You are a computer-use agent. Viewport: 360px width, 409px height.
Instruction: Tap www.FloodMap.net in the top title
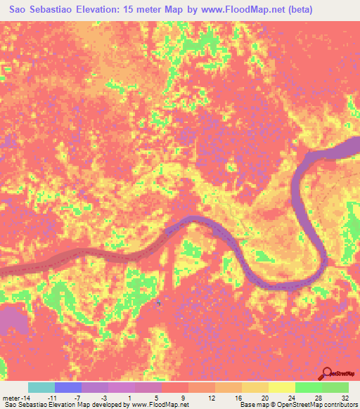click(236, 10)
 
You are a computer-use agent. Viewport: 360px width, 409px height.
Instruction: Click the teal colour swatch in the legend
click(41, 387)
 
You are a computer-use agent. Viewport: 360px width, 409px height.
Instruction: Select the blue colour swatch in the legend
click(68, 387)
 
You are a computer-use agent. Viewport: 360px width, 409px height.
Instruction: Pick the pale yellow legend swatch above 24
click(282, 387)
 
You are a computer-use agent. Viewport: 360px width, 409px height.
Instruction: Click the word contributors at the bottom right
click(340, 405)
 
